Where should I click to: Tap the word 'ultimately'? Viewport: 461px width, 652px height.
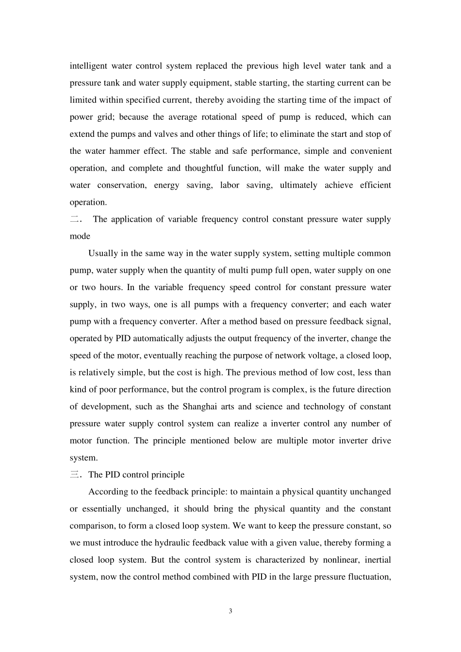[298, 185]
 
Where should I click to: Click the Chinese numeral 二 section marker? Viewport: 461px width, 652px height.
[75, 219]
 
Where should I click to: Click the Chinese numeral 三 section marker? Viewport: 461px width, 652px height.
[75, 475]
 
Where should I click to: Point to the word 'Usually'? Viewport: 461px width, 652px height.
[103, 253]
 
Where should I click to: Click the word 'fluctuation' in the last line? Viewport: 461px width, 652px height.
[368, 577]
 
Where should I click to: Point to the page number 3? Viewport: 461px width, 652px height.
[230, 611]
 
